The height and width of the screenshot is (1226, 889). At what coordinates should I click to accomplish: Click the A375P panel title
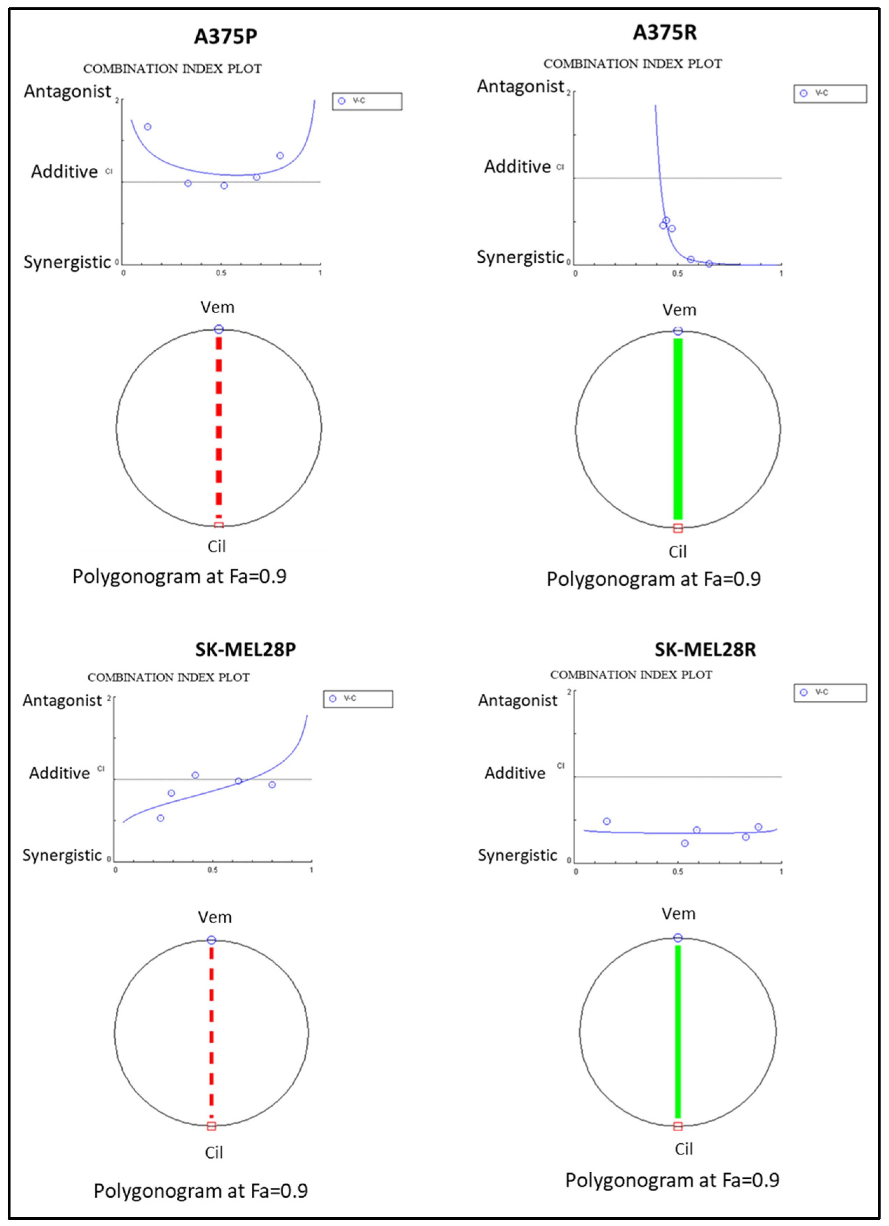225,36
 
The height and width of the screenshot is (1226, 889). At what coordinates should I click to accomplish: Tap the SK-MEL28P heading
245,649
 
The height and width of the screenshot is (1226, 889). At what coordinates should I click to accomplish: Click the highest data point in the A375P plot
148,127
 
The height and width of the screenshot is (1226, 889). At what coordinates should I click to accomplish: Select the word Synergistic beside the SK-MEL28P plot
62,855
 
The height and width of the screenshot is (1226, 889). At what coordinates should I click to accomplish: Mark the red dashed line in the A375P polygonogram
219,427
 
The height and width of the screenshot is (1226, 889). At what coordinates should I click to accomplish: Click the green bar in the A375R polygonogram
678,429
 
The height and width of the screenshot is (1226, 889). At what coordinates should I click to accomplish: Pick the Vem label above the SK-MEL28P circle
215,917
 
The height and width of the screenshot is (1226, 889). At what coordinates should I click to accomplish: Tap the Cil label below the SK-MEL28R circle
684,1149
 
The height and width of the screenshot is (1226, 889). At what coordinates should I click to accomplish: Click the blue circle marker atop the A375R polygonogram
678,331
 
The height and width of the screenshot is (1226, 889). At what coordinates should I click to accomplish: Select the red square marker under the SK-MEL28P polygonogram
211,1126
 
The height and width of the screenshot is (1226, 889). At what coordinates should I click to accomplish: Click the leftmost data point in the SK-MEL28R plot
607,821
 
